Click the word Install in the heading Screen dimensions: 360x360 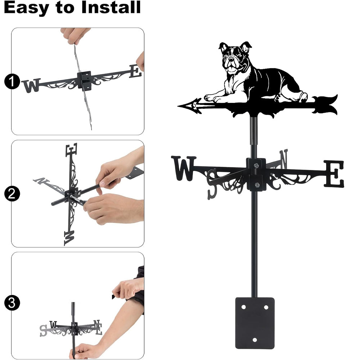[111, 7]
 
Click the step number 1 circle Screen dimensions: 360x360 [12, 81]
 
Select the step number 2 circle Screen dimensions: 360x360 [12, 194]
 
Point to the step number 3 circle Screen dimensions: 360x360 [12, 303]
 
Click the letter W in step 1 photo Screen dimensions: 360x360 [31, 85]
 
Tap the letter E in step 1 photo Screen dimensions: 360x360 [135, 71]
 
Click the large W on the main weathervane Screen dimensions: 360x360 [184, 168]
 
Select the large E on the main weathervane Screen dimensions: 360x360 [334, 174]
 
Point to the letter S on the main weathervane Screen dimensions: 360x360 [212, 184]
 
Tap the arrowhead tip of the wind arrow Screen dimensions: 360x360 [178, 106]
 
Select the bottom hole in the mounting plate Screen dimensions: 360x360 [255, 340]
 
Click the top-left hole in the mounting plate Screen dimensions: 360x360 [243, 307]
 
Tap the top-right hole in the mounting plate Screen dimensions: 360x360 [266, 307]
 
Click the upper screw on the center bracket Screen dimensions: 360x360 [256, 165]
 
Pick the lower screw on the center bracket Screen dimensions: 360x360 [257, 184]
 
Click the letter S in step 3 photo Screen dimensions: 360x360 [43, 330]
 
